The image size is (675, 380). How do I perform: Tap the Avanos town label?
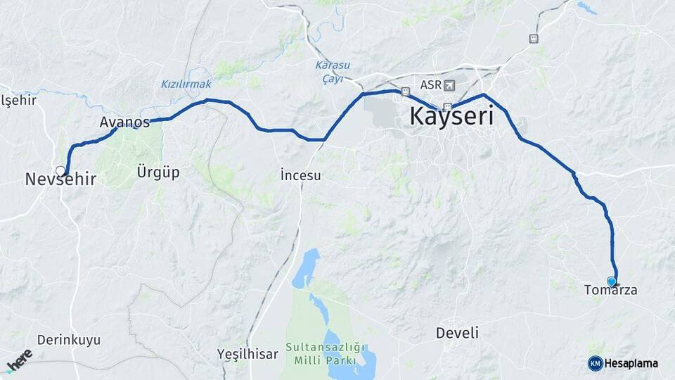click(124, 122)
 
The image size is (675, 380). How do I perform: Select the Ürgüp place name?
click(158, 172)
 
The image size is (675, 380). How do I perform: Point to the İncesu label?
click(300, 175)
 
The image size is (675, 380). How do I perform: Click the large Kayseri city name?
click(451, 116)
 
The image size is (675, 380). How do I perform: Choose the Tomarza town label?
click(610, 289)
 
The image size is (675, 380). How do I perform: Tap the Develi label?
click(457, 332)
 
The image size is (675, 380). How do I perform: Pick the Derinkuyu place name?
click(69, 340)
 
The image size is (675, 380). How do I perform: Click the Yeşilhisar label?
click(247, 353)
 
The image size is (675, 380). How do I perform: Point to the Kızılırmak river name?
click(186, 84)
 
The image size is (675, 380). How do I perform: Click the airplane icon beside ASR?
click(449, 85)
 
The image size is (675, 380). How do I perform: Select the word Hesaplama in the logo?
click(631, 364)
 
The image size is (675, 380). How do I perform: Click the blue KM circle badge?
click(595, 363)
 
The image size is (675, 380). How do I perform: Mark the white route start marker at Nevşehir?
click(61, 170)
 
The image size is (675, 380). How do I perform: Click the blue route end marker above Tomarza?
click(612, 281)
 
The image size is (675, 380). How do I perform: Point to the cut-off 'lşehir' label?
click(18, 100)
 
